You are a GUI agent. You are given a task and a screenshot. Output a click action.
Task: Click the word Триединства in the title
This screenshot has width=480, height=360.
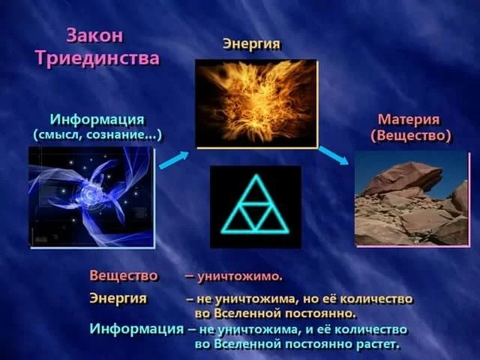click(x=97, y=59)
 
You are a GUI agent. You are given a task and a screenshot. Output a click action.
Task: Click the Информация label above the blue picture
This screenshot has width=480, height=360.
click(x=97, y=119)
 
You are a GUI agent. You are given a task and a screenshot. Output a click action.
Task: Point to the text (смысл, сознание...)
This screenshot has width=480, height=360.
click(x=97, y=135)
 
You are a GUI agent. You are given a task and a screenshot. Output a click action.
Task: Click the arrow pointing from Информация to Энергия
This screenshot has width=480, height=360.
click(x=174, y=159)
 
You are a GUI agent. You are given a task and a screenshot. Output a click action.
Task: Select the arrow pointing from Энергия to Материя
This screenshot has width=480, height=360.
click(x=334, y=155)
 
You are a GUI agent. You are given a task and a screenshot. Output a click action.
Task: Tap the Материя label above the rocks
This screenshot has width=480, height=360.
click(x=408, y=120)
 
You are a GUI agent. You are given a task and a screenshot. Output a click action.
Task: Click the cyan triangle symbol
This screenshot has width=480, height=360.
click(x=255, y=205)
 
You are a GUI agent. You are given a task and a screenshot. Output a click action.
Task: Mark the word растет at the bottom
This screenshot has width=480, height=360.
click(x=377, y=345)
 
